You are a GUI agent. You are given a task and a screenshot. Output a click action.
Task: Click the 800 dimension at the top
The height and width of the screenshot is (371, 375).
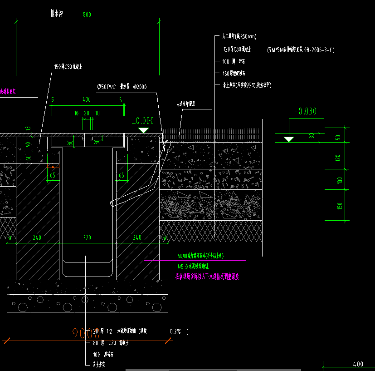pyautogui.click(x=87, y=15)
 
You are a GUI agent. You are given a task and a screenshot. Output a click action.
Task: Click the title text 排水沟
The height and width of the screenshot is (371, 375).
pyautogui.click(x=56, y=14)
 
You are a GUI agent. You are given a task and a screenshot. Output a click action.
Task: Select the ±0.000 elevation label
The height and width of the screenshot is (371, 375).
pyautogui.click(x=142, y=121)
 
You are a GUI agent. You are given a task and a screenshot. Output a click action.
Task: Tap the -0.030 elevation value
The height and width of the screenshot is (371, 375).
pyautogui.click(x=305, y=111)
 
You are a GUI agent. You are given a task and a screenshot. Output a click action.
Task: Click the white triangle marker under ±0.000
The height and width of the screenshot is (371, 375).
pyautogui.click(x=144, y=130)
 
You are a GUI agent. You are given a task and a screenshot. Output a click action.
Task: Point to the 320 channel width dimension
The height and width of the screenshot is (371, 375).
pyautogui.click(x=88, y=237)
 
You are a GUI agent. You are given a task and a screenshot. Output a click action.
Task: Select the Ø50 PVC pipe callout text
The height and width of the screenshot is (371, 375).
pyautogui.click(x=122, y=86)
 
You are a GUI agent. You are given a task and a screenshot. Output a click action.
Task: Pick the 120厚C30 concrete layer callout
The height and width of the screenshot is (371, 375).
pyautogui.click(x=237, y=49)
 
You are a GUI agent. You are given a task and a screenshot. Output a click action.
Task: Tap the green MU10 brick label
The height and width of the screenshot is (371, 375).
pyautogui.click(x=200, y=256)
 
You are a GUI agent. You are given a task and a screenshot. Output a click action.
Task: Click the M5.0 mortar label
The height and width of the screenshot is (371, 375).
pyautogui.click(x=195, y=267)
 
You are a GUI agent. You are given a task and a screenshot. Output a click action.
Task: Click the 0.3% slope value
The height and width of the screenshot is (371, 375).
pyautogui.click(x=176, y=331)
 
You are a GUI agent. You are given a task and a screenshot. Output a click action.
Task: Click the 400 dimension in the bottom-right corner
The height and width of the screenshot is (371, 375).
pyautogui.click(x=358, y=364)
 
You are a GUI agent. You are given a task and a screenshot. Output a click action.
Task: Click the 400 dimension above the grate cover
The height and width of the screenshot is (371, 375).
pyautogui.click(x=86, y=99)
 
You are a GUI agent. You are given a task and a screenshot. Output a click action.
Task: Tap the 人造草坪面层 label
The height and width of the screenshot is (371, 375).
pyautogui.click(x=185, y=104)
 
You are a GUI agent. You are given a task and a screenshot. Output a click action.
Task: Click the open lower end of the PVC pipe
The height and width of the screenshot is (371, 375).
pyautogui.click(x=112, y=203)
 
